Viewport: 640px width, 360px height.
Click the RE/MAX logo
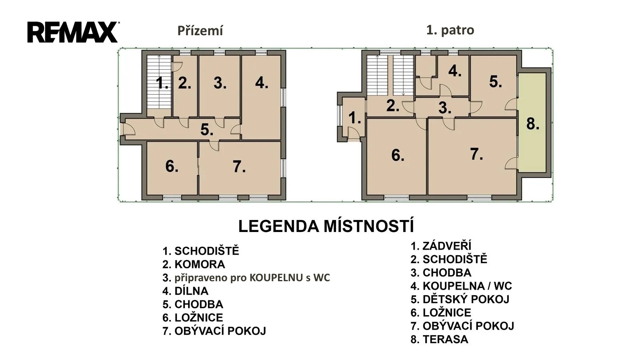click(73, 32)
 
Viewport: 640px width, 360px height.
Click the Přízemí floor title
click(200, 31)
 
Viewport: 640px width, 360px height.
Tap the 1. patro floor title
click(450, 30)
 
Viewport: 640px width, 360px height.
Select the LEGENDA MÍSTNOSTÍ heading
click(326, 226)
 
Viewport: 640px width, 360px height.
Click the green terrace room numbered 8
click(532, 123)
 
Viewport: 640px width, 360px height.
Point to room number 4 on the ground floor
click(262, 97)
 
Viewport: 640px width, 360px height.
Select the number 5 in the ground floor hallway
click(207, 130)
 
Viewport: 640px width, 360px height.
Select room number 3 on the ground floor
click(220, 86)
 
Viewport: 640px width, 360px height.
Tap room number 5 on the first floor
click(494, 85)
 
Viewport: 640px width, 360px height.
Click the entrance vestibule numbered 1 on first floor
click(354, 118)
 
